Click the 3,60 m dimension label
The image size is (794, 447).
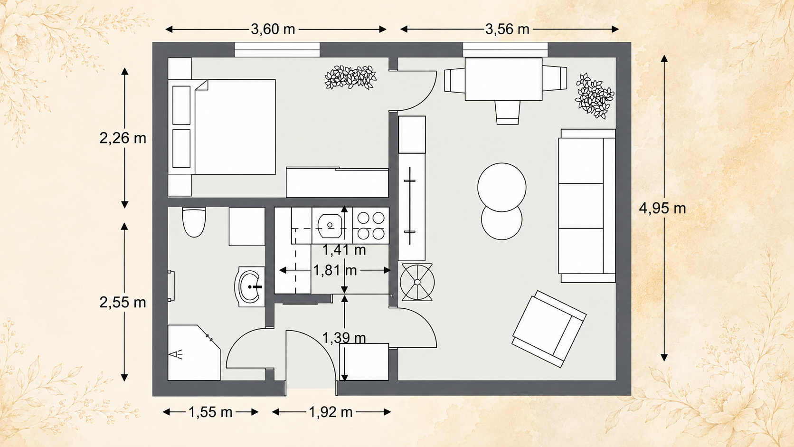273,29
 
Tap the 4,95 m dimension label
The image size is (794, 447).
662,208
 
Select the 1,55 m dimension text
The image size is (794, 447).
210,412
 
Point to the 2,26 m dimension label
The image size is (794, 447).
123,138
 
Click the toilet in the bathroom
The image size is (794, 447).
194,222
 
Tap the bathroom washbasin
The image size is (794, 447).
250,286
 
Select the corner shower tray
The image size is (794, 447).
194,353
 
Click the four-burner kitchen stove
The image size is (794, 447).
371,226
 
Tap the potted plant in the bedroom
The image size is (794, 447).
350,77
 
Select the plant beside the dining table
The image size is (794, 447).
595,95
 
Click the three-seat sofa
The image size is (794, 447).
587,206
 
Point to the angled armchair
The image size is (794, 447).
549,329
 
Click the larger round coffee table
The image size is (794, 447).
501,187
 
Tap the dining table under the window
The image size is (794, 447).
503,79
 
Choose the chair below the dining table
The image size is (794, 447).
508,113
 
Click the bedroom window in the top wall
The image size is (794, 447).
277,49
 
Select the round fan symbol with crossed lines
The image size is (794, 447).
417,282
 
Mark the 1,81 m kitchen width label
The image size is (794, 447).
335,270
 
